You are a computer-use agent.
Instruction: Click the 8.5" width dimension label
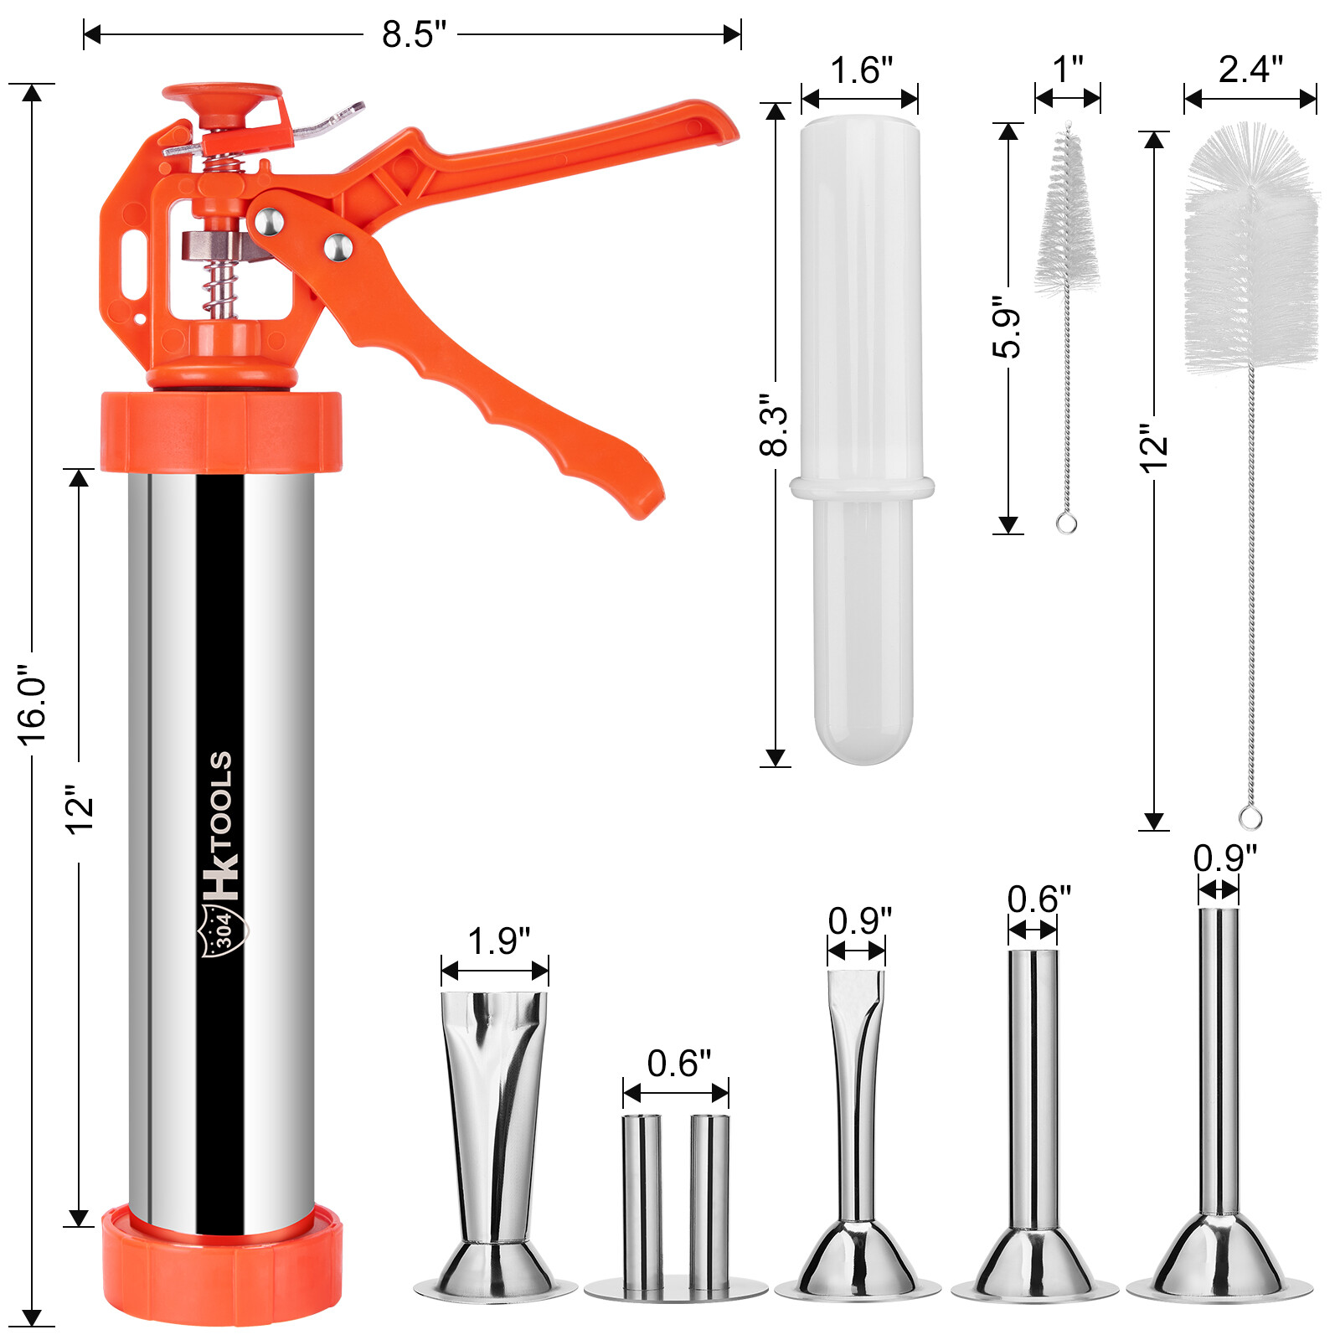point(413,35)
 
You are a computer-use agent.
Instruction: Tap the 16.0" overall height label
point(33,705)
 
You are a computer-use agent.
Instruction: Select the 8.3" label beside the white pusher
point(774,425)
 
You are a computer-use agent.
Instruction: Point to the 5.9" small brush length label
point(1008,327)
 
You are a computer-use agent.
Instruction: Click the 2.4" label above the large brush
point(1250,70)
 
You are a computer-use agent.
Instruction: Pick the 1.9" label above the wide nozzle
point(497,941)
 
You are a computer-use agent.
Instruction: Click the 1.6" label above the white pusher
point(860,71)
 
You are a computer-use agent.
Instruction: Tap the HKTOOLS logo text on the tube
point(221,825)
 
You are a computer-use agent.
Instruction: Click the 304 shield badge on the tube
point(222,929)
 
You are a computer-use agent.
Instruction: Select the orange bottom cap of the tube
point(222,1265)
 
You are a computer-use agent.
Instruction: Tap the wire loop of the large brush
point(1250,817)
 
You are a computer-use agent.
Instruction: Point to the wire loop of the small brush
point(1066,523)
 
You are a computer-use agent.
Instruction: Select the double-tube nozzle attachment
point(675,1206)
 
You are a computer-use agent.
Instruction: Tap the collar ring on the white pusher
point(862,487)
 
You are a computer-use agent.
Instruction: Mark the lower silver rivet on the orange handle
point(338,246)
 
